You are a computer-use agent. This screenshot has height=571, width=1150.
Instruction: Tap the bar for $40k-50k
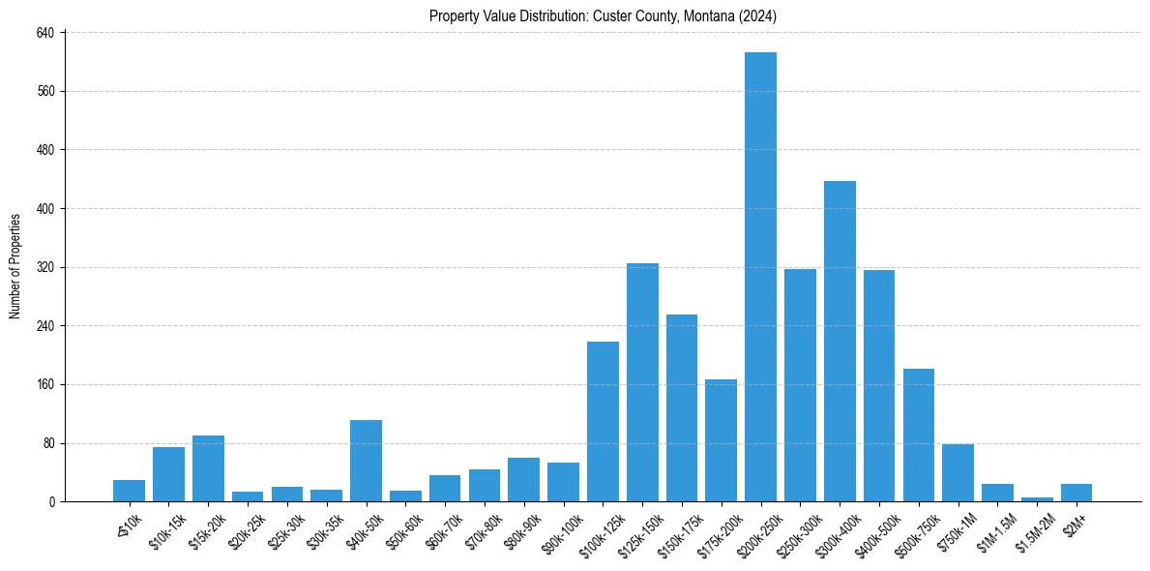click(x=366, y=461)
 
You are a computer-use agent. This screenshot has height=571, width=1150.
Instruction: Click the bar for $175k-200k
click(x=721, y=440)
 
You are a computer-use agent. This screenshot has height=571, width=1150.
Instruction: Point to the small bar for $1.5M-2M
click(x=1037, y=499)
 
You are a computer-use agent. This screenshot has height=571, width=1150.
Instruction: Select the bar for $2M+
click(x=1076, y=493)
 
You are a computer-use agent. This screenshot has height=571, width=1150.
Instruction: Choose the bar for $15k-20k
click(x=208, y=468)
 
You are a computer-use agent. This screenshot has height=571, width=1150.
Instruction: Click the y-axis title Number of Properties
click(x=15, y=266)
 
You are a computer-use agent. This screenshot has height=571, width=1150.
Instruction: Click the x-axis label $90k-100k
click(x=560, y=529)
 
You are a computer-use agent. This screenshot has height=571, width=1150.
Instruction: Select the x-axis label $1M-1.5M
click(x=993, y=529)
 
